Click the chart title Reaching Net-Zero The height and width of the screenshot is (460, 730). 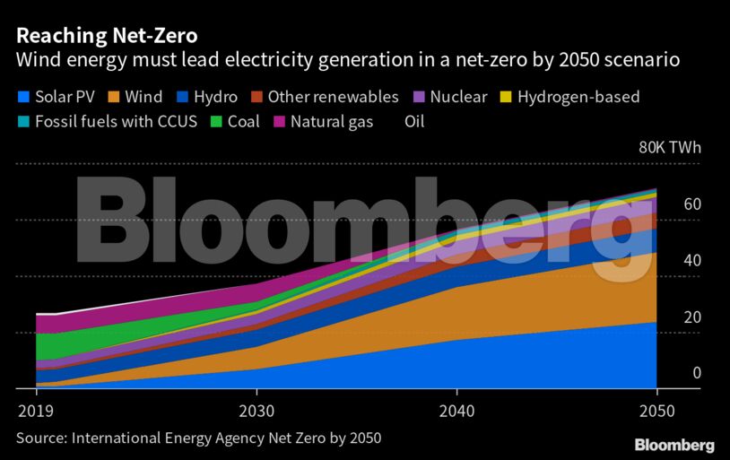[106, 37]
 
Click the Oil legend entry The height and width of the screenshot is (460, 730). [413, 121]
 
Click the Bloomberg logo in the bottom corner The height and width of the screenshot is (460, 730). [674, 445]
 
